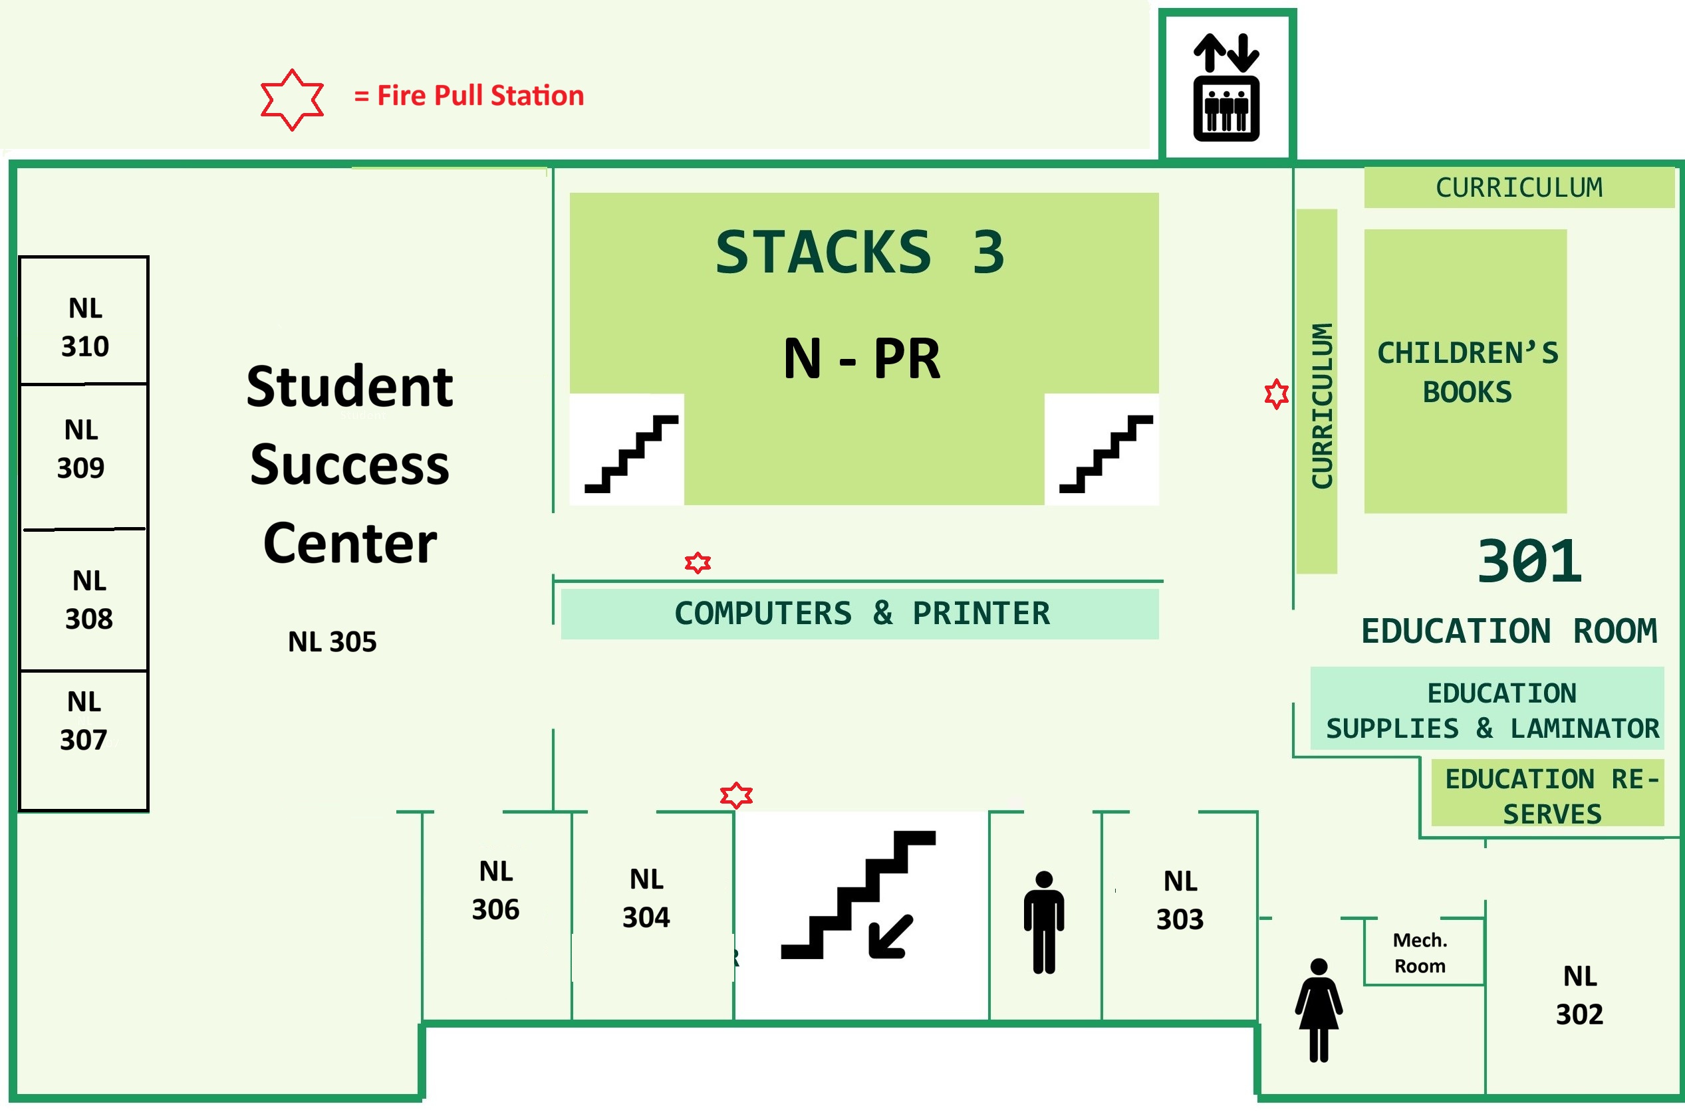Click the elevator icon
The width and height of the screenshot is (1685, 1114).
click(1226, 87)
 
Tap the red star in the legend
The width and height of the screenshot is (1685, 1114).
click(292, 100)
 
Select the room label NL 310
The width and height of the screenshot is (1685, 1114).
click(85, 328)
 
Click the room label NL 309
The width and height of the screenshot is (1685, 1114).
click(81, 449)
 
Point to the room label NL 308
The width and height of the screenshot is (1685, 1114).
click(89, 600)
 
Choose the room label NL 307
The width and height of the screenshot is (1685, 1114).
click(84, 721)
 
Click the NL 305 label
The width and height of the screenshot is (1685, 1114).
click(332, 641)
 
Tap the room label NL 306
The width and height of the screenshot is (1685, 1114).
click(495, 890)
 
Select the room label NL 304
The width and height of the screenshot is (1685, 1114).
click(646, 898)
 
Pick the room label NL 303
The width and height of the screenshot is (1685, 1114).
click(1180, 900)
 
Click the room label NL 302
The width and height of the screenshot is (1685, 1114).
click(1580, 995)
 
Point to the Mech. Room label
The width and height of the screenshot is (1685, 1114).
click(1419, 952)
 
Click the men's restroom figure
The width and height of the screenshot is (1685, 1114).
click(1044, 922)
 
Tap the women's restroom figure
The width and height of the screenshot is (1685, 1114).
click(1319, 1010)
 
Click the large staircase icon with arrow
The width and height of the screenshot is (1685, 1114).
click(858, 895)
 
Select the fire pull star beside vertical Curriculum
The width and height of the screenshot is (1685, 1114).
click(1276, 393)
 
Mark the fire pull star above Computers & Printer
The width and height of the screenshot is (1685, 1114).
click(698, 563)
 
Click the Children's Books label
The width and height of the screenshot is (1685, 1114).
click(1467, 372)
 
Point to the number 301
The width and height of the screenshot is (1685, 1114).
click(1529, 560)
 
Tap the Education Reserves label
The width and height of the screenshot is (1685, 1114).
click(1552, 796)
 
